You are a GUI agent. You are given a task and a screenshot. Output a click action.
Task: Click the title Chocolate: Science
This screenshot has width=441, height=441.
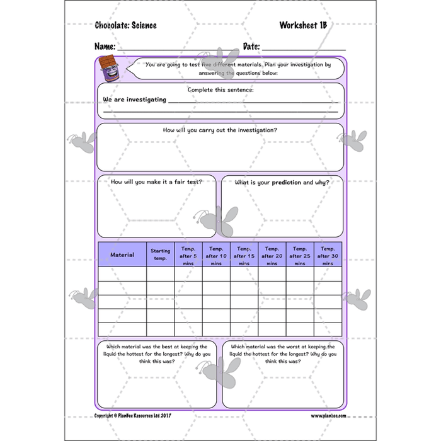[x=125, y=26]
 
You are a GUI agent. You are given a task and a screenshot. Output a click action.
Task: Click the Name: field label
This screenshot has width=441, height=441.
[x=105, y=47]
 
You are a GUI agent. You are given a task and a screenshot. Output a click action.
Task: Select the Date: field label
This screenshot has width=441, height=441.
[x=251, y=47]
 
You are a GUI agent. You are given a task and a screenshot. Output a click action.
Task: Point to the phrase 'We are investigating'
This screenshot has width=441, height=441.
[x=135, y=100]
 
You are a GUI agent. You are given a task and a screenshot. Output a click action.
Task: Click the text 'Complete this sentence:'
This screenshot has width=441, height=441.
[x=220, y=89]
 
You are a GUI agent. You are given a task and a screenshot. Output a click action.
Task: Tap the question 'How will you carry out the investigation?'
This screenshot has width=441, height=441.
[x=220, y=130]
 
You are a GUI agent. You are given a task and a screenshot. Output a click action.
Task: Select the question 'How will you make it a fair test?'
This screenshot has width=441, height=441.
[x=156, y=182]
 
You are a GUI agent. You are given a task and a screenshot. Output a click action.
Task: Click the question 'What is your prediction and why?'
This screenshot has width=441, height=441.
[x=282, y=182]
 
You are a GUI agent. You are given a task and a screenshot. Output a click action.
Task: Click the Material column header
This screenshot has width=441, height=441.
[x=122, y=255]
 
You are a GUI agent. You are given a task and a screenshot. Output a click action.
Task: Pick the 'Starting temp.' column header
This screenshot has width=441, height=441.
[x=160, y=255]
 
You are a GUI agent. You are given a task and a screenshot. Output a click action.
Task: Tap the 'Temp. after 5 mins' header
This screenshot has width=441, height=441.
[x=188, y=255]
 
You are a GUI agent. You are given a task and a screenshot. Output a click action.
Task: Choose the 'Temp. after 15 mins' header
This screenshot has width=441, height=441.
[x=244, y=255]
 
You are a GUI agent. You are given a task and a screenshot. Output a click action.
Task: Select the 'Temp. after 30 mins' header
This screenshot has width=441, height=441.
[x=328, y=255]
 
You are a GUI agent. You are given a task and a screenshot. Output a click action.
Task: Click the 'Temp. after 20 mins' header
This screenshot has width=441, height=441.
[x=272, y=255]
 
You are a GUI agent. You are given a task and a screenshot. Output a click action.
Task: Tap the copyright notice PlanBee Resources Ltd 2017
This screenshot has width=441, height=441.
[x=132, y=416]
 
